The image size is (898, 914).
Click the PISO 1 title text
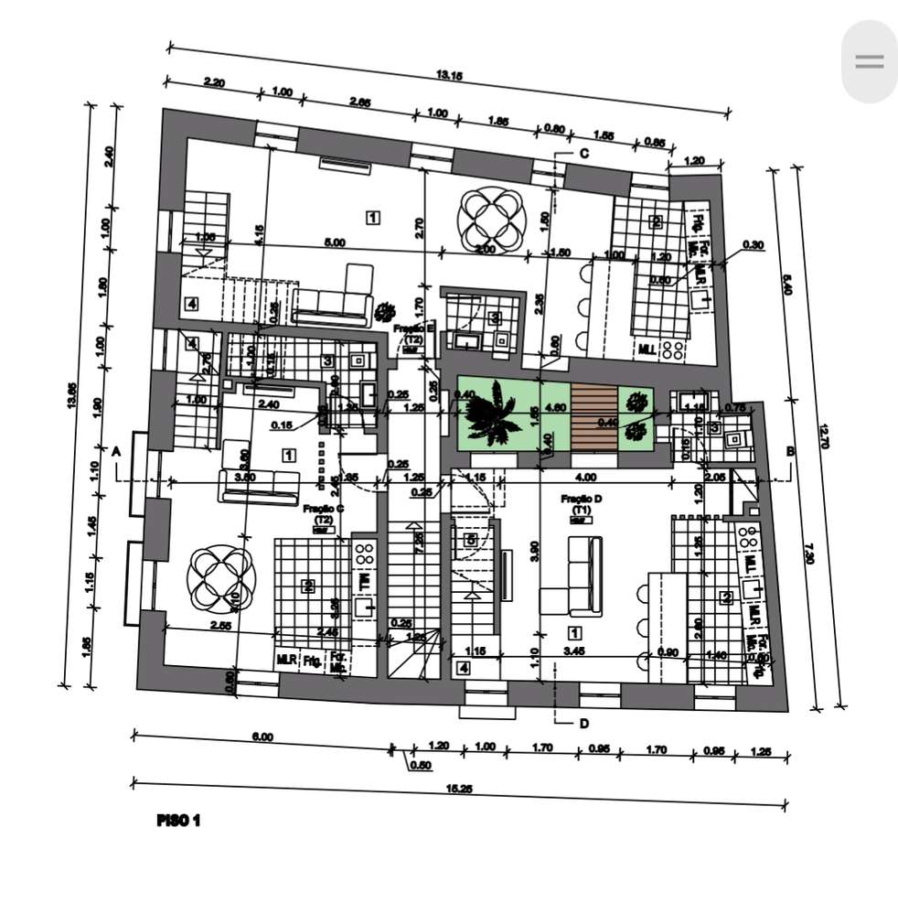[178, 820]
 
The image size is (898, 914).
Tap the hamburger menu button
[869, 61]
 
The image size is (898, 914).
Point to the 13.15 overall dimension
[449, 75]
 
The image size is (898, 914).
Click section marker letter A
[116, 451]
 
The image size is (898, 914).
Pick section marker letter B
[789, 451]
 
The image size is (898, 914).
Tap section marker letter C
[583, 154]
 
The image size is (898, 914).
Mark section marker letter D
[583, 724]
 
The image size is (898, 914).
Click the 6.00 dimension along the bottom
[262, 737]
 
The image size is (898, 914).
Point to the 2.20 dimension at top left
[214, 82]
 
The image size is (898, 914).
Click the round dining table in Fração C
[218, 579]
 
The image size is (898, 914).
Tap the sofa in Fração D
[583, 576]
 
